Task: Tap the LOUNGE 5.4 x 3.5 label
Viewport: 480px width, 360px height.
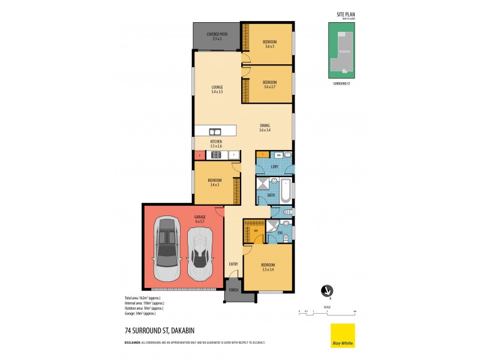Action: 217,89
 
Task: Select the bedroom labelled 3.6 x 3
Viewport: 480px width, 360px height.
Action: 269,44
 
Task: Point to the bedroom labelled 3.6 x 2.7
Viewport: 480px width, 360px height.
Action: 269,84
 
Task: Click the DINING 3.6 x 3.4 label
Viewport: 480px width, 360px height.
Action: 265,127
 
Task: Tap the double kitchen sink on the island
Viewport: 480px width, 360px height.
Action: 215,131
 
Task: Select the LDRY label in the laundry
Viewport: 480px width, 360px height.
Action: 274,166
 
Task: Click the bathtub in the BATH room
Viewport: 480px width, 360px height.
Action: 286,190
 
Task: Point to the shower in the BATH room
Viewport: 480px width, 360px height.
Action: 263,184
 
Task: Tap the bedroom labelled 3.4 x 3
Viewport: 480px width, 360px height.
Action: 215,182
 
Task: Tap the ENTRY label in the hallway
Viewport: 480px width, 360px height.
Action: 233,264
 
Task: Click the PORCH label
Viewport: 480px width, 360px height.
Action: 233,290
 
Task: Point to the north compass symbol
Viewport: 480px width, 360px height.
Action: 327,290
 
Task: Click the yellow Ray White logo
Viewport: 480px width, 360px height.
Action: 343,335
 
